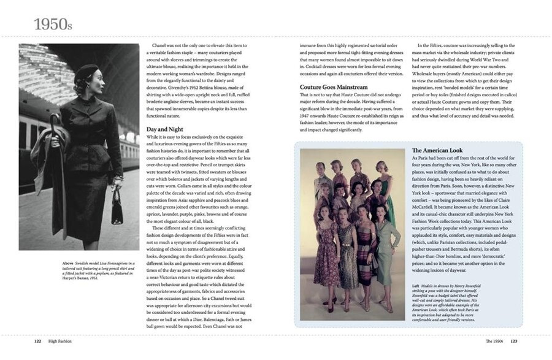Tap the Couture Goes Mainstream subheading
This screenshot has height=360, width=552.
(x=334, y=87)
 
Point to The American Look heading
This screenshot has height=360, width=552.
(x=438, y=150)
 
